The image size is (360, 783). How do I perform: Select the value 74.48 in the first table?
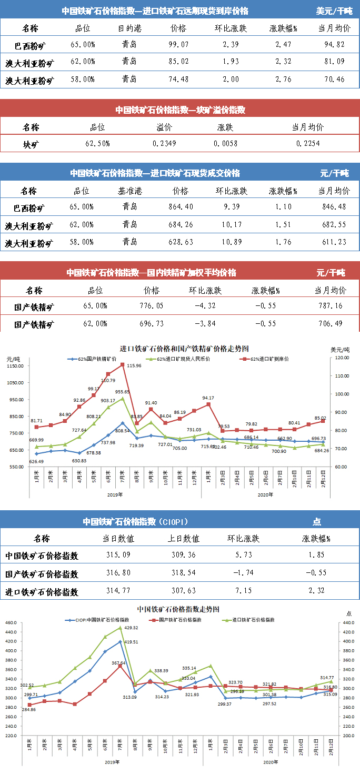179,80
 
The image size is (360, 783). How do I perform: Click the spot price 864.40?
180,207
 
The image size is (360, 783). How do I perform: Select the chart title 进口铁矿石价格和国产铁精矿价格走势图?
184,349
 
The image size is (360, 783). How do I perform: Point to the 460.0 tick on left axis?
11,623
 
